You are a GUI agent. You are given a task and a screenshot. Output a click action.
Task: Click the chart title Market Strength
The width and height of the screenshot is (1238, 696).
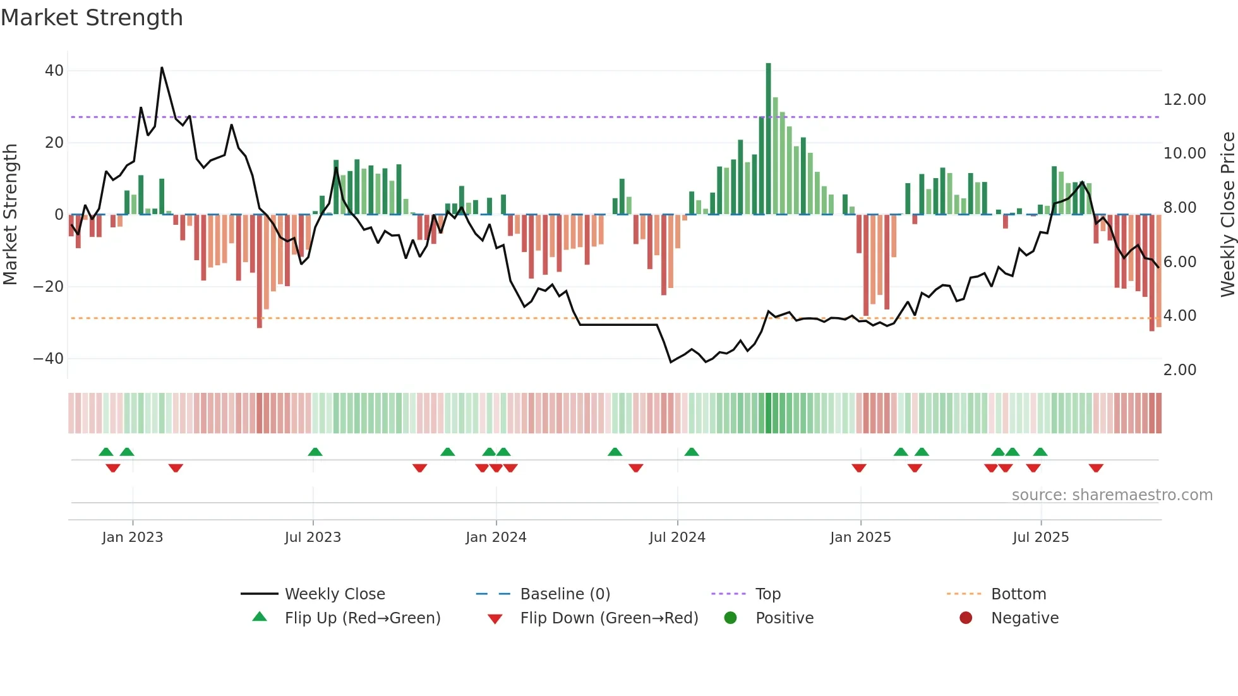92,18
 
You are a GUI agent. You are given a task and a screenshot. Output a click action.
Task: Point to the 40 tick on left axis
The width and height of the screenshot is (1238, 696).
54,71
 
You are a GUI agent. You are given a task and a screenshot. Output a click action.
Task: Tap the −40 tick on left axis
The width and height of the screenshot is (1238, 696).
49,359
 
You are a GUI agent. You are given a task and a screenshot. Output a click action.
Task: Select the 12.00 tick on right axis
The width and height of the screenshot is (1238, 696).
1184,100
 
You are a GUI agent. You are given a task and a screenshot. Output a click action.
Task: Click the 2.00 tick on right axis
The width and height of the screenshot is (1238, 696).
1179,370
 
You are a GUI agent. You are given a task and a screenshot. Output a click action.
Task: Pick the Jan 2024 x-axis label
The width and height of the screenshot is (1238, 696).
496,537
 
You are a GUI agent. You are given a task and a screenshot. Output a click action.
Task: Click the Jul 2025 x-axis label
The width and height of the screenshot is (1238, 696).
1040,537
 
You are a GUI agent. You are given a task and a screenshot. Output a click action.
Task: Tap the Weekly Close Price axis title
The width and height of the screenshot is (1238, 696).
1227,215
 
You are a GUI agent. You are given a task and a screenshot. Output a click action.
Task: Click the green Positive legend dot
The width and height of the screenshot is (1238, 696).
730,618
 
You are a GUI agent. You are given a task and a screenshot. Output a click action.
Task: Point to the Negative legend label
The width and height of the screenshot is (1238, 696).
1025,618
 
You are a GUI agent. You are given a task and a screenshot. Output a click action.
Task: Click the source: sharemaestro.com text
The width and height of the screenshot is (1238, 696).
1112,495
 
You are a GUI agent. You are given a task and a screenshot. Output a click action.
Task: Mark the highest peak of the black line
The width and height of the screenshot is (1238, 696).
162,68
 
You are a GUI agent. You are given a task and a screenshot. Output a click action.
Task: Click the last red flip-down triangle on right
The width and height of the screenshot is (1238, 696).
1096,468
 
